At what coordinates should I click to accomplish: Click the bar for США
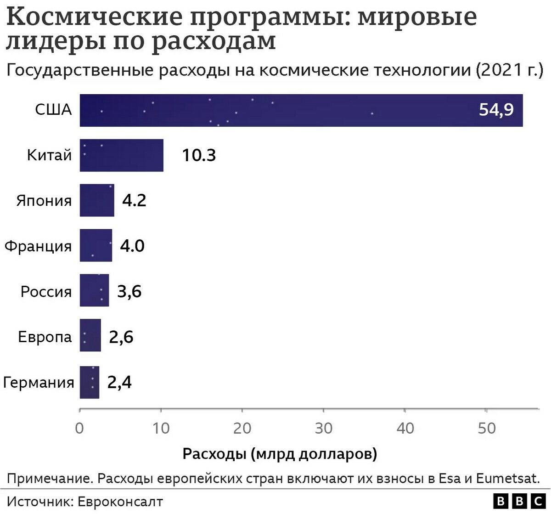click(301, 110)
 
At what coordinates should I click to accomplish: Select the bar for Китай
click(121, 155)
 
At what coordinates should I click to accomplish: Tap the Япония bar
click(97, 200)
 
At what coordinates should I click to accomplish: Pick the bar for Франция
click(96, 245)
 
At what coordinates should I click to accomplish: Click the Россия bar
click(94, 290)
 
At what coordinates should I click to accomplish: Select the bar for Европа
click(90, 335)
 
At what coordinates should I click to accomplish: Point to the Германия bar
click(89, 382)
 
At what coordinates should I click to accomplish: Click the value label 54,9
click(496, 110)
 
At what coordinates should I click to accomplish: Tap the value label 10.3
click(199, 155)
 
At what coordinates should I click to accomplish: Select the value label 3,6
click(129, 291)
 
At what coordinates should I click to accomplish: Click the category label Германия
click(39, 382)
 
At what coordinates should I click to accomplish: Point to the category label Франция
click(38, 246)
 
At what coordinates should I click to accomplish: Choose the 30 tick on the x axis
click(324, 428)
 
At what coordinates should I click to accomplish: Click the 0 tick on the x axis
click(80, 428)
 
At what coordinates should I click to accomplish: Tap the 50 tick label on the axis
click(487, 428)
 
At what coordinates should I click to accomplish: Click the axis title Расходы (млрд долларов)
click(280, 454)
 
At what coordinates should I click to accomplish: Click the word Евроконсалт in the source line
click(121, 501)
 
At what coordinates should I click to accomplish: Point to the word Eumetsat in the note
click(507, 478)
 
